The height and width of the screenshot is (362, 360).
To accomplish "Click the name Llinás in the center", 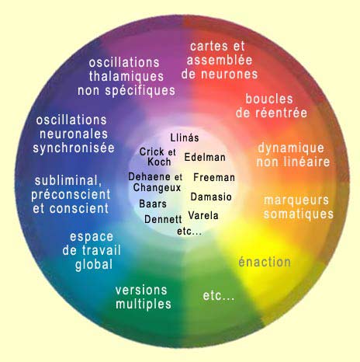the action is tap(185, 137).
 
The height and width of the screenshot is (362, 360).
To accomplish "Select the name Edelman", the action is tap(205, 157).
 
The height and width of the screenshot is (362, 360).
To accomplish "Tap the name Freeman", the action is tap(214, 177).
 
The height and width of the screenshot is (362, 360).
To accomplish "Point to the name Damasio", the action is tap(211, 197).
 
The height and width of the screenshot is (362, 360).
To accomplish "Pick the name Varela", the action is tap(203, 215).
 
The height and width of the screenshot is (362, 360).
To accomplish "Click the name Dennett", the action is tap(163, 219).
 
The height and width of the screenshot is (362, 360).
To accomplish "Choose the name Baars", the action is tap(153, 204).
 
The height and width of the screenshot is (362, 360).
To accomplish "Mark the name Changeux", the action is tap(157, 188).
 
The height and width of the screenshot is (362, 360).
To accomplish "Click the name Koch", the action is tap(159, 162).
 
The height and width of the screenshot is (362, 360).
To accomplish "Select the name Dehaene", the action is tap(150, 176).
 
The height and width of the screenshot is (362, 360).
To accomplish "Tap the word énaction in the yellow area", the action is tap(265, 262).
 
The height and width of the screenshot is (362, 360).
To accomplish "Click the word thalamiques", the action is tap(126, 76).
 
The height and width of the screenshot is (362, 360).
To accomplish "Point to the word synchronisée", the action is tap(74, 148).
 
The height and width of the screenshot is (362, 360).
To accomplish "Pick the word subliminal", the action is tap(68, 181).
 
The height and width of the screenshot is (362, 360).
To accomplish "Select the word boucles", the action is tap(269, 99).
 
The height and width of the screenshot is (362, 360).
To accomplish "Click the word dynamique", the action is tap(291, 148).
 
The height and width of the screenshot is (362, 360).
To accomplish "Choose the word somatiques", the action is tap(299, 214).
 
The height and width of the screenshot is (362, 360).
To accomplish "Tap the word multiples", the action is tap(144, 304).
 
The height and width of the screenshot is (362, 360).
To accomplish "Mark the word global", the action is tap(94, 265).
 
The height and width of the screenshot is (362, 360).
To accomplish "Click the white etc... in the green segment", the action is tap(219, 295).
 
